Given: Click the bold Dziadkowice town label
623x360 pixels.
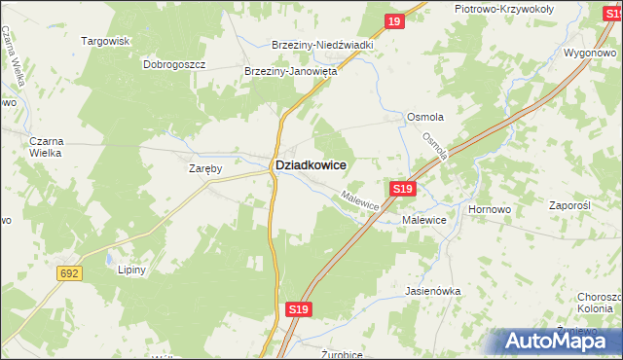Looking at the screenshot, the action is [x=311, y=166].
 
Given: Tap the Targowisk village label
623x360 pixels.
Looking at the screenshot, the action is [x=106, y=42].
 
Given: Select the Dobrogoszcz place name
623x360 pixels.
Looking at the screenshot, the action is [x=174, y=64].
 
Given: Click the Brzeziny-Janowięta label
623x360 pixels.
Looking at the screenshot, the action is [x=290, y=71].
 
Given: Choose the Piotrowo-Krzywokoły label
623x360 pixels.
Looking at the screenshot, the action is [x=504, y=9].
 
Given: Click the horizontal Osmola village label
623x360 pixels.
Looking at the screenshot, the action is [x=425, y=117].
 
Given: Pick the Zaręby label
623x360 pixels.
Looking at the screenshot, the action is [x=206, y=168].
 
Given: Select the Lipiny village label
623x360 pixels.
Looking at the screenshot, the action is [x=130, y=270].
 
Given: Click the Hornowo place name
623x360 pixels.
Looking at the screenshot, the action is [x=490, y=209].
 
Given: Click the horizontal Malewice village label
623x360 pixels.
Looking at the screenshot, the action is [x=424, y=221].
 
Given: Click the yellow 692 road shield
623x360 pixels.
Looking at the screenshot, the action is [x=68, y=274].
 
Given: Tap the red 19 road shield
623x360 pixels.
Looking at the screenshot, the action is [x=393, y=21].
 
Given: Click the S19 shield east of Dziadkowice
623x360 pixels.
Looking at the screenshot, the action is [x=403, y=188].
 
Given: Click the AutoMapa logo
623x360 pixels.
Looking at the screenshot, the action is [x=558, y=341].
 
